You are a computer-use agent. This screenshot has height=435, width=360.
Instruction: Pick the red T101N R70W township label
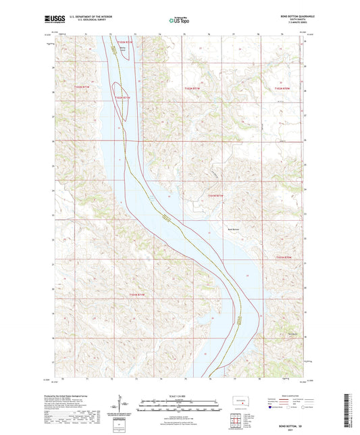coord(286,257)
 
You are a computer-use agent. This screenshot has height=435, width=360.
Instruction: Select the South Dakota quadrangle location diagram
coord(240,402)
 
